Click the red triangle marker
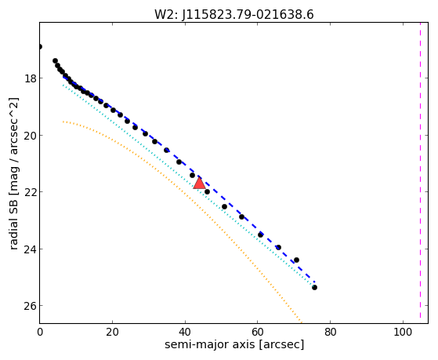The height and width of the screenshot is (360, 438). pos(199,184)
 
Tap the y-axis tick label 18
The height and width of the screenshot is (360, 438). pos(31,78)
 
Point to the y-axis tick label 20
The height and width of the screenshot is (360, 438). pos(31,136)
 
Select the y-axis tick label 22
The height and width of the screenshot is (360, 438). pos(31,192)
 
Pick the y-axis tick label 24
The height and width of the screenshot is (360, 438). pos(31,249)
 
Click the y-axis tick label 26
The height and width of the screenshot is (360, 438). pos(31,306)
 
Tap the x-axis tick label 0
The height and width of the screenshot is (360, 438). pos(40,333)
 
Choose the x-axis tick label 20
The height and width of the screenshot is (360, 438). pos(112,333)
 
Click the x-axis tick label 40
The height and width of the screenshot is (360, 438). pos(185,333)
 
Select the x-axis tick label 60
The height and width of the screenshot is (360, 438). pos(258,333)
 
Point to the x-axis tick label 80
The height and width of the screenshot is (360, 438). pos(330,333)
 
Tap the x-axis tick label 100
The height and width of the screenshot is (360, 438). pos(403,333)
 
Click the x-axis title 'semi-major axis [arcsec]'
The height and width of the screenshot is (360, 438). pos(234,345)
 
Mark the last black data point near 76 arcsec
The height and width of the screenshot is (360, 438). pos(314,287)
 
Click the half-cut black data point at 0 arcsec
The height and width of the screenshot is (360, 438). pos(40,46)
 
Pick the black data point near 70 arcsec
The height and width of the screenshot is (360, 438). pos(297,260)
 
